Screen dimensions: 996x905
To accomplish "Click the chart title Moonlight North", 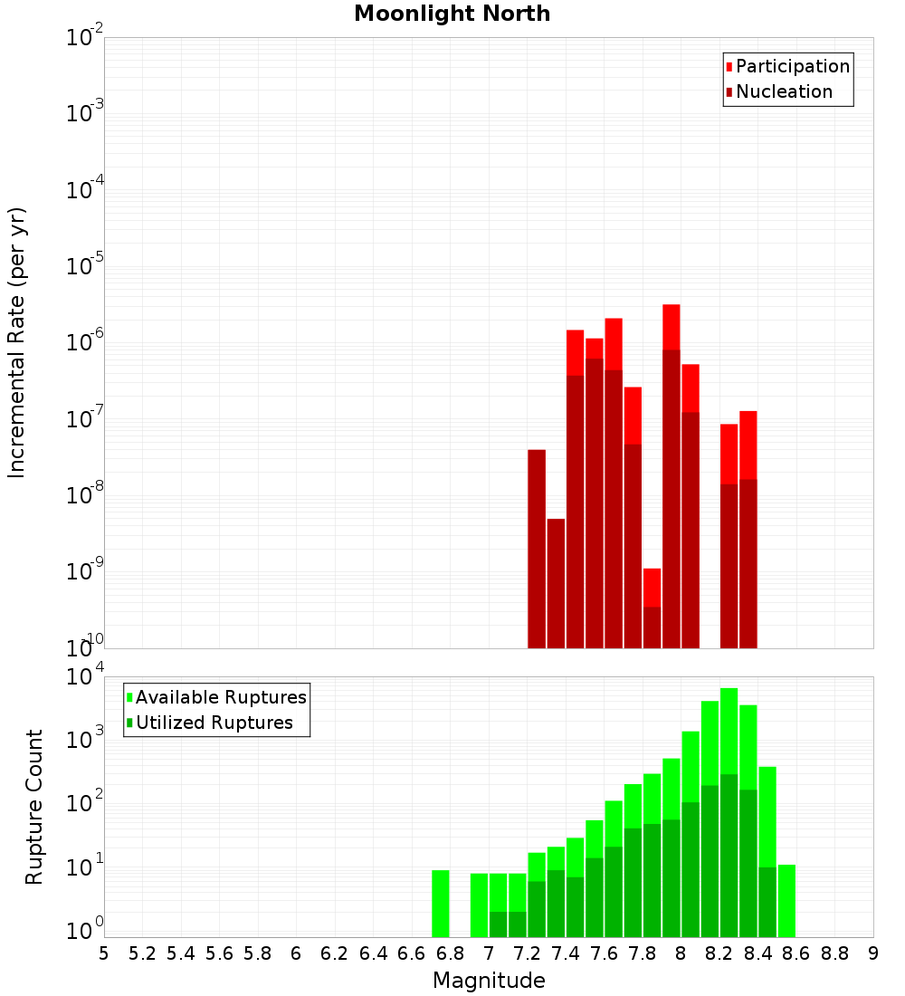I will coord(452,14).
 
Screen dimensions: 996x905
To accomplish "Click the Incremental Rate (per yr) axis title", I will coord(17,342).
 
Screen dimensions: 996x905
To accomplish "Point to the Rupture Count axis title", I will coord(34,806).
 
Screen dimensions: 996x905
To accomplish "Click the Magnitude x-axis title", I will coord(489,981).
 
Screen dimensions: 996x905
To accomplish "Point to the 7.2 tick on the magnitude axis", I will coord(527,953).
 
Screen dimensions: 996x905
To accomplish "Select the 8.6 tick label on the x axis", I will coord(796,953).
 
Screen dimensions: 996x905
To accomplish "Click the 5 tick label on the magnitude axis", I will coord(104,953).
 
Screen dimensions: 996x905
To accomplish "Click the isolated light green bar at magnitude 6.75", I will coord(441,904).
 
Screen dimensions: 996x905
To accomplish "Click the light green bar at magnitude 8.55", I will coord(786,900).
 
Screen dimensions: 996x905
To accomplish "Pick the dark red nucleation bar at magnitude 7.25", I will coord(537,549).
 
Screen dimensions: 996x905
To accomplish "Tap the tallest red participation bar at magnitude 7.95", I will coord(671,326).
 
